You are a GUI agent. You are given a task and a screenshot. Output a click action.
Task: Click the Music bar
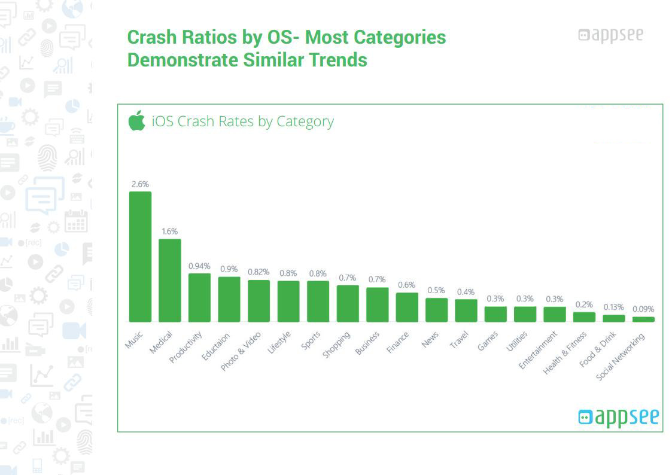tap(140, 257)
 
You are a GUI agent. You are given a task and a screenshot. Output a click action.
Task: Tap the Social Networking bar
tap(643, 319)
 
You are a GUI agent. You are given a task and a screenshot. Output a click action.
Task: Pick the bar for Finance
tap(407, 307)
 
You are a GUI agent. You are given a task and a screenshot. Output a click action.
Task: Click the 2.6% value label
tap(140, 184)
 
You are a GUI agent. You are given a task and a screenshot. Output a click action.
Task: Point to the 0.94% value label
tap(199, 266)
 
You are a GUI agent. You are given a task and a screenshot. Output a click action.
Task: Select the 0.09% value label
tap(643, 309)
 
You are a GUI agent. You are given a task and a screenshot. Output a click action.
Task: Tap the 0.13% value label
tap(613, 307)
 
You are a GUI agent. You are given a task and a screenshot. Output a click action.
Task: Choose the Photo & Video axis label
tap(241, 351)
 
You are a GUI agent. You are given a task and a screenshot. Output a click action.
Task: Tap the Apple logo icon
tap(136, 121)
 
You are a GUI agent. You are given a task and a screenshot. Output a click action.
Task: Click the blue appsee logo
tap(618, 416)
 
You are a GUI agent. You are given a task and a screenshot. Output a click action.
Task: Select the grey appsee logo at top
tap(610, 35)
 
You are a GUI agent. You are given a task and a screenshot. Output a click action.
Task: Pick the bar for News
tap(436, 309)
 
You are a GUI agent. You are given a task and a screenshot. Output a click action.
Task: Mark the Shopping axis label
tap(336, 345)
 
